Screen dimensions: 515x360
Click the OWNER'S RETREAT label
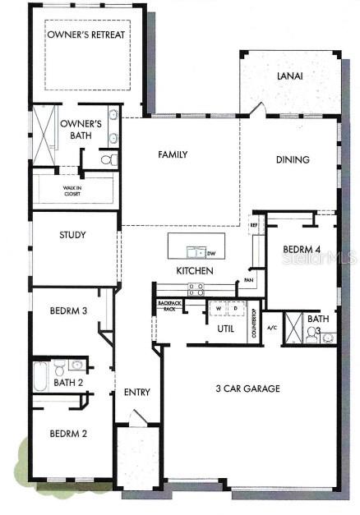coord(86,34)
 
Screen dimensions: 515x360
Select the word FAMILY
coord(173,154)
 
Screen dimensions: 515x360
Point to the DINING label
coord(292,160)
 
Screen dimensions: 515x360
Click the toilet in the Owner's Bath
coord(108,159)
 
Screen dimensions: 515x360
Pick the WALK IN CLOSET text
coord(75,191)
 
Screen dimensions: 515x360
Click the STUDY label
coord(72,235)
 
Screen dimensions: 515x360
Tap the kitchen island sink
coord(196,252)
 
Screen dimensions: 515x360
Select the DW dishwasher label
coord(210,253)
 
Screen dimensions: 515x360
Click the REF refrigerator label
coord(255,223)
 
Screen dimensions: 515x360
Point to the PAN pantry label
coord(248,281)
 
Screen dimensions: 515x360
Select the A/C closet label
coord(272,327)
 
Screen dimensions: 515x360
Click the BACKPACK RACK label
coord(168,306)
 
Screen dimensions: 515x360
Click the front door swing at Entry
coord(138,417)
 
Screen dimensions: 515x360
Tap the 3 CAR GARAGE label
coord(247,389)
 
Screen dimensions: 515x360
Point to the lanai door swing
coord(258,109)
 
